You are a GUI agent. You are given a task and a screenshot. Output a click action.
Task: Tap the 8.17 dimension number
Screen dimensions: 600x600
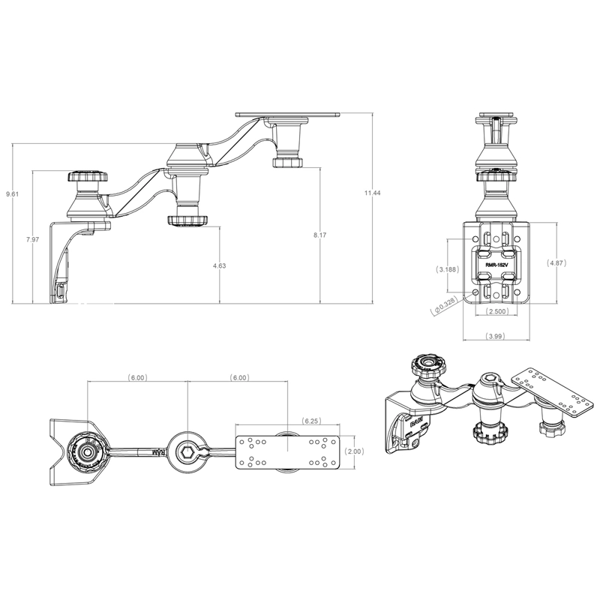(319, 235)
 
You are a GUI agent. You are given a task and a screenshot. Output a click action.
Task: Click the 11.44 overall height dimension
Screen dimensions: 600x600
(373, 193)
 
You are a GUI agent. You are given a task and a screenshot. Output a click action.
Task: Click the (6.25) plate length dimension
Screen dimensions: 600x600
(312, 423)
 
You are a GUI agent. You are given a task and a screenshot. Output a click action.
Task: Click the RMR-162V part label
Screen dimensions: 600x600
(496, 265)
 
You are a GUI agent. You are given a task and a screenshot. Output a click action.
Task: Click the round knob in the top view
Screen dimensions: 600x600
(87, 452)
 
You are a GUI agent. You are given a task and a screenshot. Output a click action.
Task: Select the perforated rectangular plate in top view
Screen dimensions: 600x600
(288, 453)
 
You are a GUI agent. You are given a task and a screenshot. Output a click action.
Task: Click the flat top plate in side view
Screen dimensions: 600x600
(289, 115)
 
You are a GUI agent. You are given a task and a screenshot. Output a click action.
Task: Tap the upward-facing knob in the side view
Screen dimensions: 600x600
(87, 178)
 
